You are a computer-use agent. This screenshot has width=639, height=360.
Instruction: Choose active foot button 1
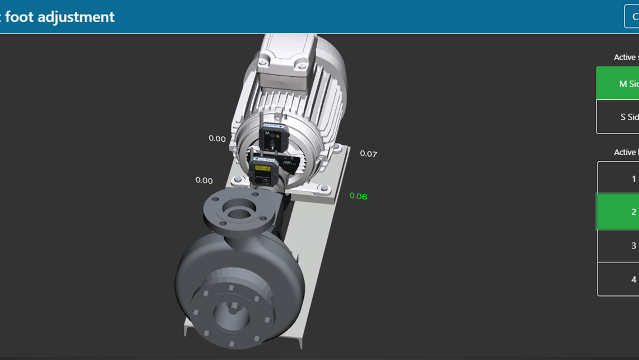pyautogui.click(x=618, y=178)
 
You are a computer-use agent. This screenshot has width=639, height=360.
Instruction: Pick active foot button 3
pyautogui.click(x=618, y=246)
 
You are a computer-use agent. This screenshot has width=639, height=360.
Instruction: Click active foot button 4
pyautogui.click(x=618, y=279)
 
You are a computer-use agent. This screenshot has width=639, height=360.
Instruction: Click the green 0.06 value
pyautogui.click(x=358, y=196)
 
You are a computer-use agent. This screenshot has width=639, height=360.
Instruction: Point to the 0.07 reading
pyautogui.click(x=368, y=154)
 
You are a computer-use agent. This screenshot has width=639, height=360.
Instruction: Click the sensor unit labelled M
pyautogui.click(x=273, y=136)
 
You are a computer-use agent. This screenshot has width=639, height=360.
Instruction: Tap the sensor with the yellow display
pyautogui.click(x=262, y=169)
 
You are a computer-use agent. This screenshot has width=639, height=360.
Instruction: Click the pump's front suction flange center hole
pyautogui.click(x=230, y=310)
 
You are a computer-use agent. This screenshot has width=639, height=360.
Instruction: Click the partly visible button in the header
pyautogui.click(x=632, y=17)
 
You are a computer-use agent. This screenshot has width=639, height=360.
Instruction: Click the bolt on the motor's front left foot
pyautogui.click(x=238, y=179)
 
